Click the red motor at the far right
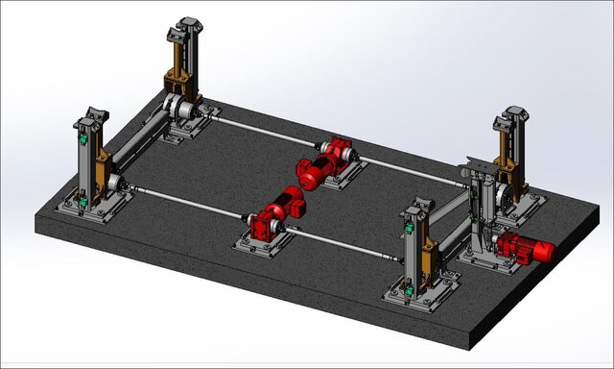pos(525,249)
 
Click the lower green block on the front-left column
pos(83,200)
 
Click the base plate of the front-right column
pos(422,293)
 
